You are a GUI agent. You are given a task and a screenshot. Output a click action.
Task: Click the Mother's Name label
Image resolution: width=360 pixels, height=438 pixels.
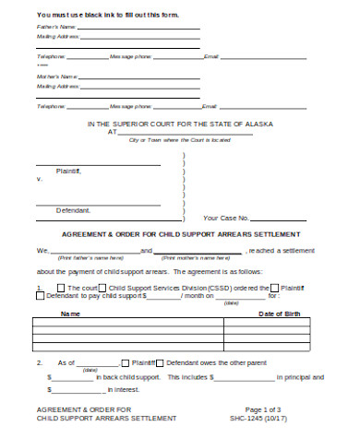(x=53, y=77)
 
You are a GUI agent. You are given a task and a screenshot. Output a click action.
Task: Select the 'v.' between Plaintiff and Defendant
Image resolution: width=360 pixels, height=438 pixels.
(x=39, y=178)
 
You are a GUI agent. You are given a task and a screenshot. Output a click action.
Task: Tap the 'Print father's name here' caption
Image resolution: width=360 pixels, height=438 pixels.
(x=87, y=258)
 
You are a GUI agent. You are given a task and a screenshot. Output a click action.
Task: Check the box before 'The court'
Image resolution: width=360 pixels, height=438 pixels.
(x=61, y=289)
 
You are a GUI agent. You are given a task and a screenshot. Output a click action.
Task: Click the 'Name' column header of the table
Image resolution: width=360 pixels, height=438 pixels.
(x=70, y=314)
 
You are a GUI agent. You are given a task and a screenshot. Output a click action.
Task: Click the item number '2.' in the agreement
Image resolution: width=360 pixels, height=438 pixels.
(x=39, y=363)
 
